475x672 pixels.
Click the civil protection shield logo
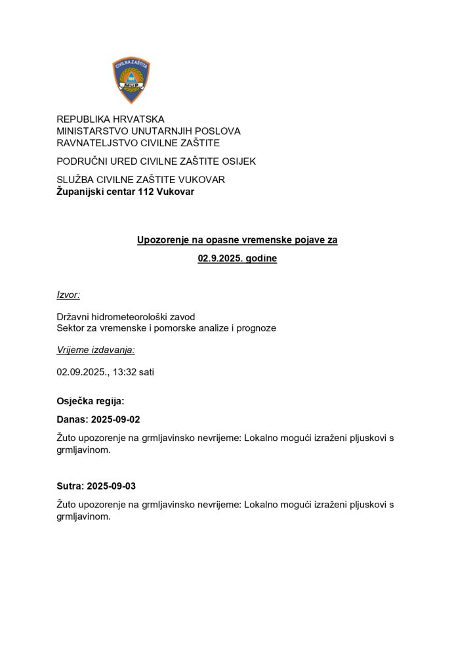point(131,80)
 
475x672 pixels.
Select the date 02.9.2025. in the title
point(219,259)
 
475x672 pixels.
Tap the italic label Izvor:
point(68,296)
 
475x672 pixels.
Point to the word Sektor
point(72,327)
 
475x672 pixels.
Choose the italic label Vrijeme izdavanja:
point(95,350)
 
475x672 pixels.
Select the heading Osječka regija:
point(90,400)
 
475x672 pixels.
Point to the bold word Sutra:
point(70,486)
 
